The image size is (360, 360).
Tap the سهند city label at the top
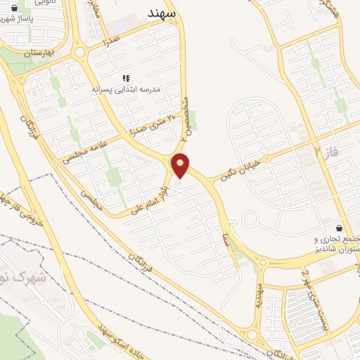pos(165,12)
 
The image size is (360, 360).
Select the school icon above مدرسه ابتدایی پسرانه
pos(127,79)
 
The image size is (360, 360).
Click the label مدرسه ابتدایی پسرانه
pos(127,90)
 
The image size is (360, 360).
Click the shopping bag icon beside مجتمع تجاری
pos(340,229)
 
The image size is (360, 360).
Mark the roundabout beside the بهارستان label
pos(78,51)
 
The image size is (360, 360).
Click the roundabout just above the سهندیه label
pos(262,264)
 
